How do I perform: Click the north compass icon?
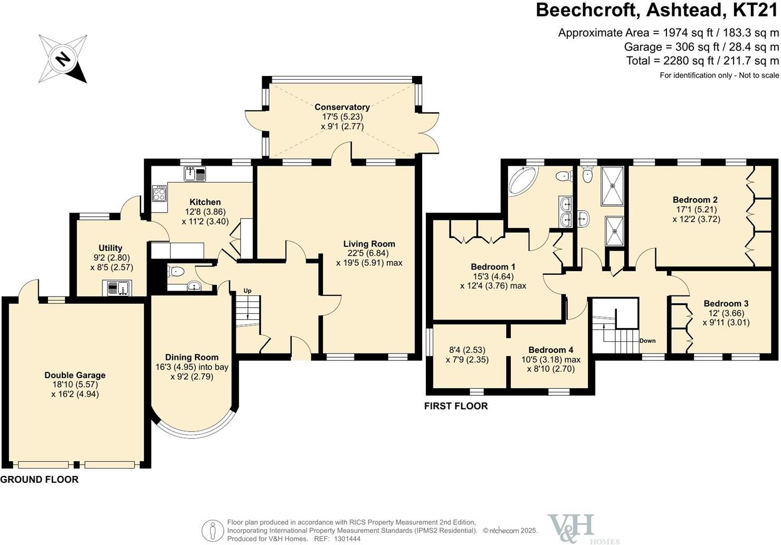tap(63, 59)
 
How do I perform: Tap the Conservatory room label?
tap(342, 107)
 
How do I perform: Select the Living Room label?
tap(369, 244)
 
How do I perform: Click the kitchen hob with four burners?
tap(159, 193)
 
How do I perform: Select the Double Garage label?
tap(75, 375)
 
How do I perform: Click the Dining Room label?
tap(192, 357)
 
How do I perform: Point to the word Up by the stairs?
tap(247, 291)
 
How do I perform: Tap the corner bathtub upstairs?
tap(521, 181)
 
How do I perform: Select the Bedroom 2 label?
tap(695, 200)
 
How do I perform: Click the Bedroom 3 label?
tap(726, 303)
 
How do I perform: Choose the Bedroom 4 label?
tap(550, 350)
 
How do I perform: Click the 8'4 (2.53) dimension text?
tap(466, 350)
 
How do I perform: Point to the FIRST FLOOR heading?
tap(456, 406)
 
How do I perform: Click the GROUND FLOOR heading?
tap(40, 480)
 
